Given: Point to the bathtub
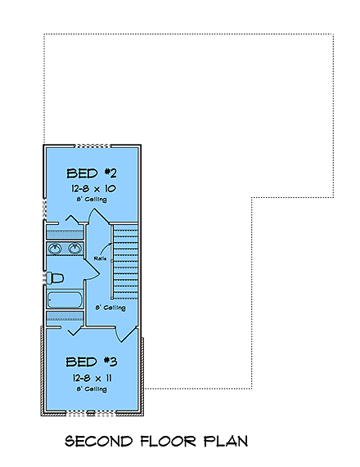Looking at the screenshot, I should click(x=65, y=300).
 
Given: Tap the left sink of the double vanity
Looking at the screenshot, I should click(x=56, y=249).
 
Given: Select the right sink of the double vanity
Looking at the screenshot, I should click(x=74, y=249).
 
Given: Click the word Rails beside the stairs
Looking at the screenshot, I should click(x=101, y=258).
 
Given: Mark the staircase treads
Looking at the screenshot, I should click(x=127, y=262).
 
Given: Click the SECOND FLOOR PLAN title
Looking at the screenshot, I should click(x=158, y=442).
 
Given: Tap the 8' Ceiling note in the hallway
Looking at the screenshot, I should click(x=110, y=308).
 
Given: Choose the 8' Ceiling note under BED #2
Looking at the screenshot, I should click(x=92, y=200).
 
